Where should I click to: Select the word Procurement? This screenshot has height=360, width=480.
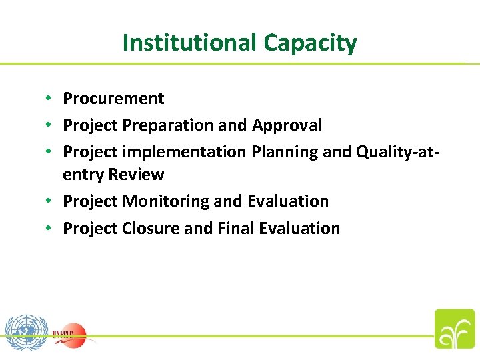click(113, 99)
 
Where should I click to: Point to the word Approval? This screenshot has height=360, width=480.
click(287, 125)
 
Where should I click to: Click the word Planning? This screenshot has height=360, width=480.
click(285, 152)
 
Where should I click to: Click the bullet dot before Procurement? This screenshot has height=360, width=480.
click(49, 99)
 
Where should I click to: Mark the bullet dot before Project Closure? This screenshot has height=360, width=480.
click(49, 229)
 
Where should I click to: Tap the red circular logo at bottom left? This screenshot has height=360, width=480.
click(71, 333)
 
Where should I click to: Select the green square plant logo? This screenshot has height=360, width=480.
click(455, 329)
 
